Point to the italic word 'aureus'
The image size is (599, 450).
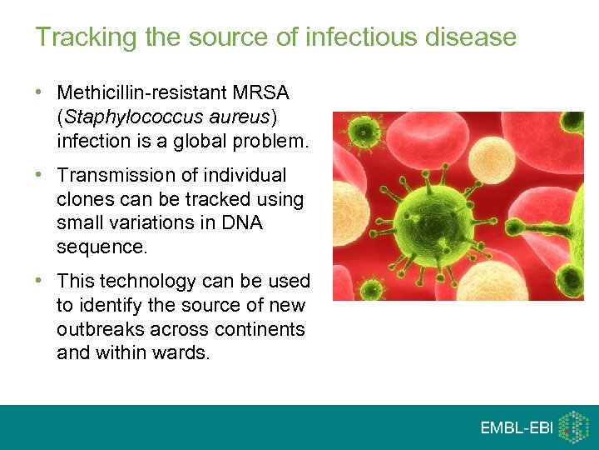[x=236, y=117]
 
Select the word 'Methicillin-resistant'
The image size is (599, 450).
[x=139, y=92]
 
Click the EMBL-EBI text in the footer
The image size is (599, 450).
[x=517, y=427]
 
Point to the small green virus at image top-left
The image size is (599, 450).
[x=363, y=131]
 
